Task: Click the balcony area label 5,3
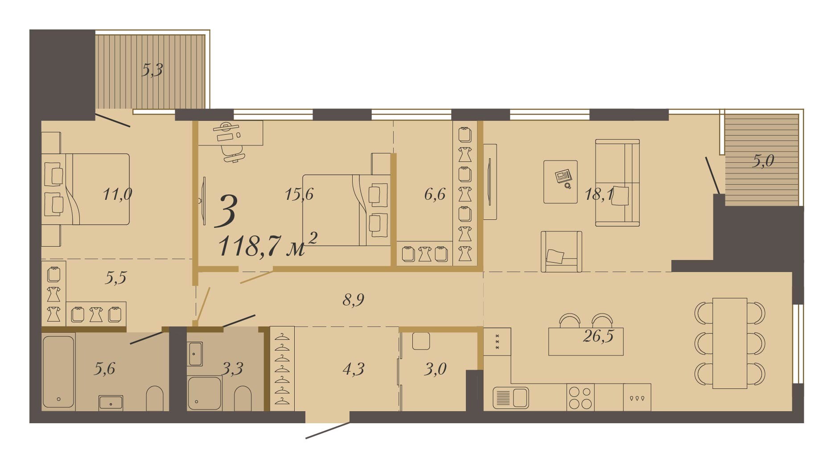point(152,70)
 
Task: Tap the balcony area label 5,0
point(763,161)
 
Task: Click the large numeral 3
point(226,210)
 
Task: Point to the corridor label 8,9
point(353,300)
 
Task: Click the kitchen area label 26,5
point(598,336)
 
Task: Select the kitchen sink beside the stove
point(511,398)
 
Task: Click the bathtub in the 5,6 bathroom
point(58,372)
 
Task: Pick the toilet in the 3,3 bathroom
point(243,398)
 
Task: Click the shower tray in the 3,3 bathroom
point(204,393)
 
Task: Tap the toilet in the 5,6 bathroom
point(155,398)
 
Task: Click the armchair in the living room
point(561,252)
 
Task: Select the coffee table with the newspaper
point(560,182)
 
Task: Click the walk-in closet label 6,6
point(435,194)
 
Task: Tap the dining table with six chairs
point(730,343)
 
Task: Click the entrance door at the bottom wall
point(328,430)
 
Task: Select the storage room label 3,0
point(435,369)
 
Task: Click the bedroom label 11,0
point(117,194)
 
